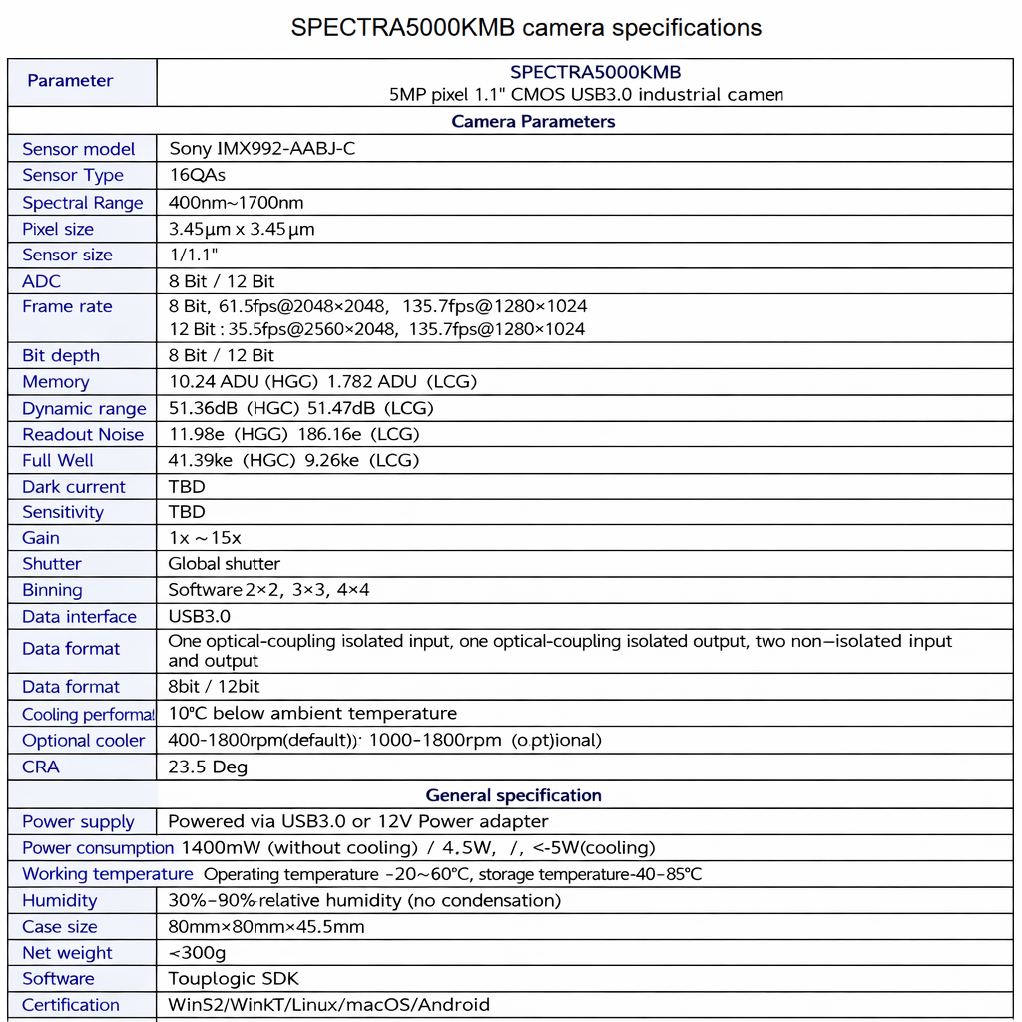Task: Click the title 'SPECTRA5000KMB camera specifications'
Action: click(x=526, y=27)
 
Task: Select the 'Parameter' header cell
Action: click(x=70, y=81)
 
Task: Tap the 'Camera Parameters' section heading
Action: click(x=533, y=122)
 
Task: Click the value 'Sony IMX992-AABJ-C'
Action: click(x=261, y=149)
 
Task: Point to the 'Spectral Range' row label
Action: click(x=83, y=203)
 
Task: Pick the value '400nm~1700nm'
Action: click(x=236, y=203)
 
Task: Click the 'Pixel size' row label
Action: click(x=58, y=229)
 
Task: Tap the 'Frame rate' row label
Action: click(x=67, y=306)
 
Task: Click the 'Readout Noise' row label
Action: click(x=83, y=434)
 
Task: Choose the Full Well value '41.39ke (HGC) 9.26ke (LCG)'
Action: click(x=293, y=460)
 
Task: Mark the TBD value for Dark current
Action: click(x=187, y=487)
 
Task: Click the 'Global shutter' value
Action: click(x=224, y=564)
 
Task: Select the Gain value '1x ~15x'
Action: click(x=205, y=538)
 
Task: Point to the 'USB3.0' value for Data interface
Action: click(x=199, y=617)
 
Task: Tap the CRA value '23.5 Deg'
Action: click(x=208, y=766)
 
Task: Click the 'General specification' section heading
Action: click(x=513, y=795)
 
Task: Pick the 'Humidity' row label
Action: click(x=60, y=900)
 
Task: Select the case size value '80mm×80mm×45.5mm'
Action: click(x=265, y=926)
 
